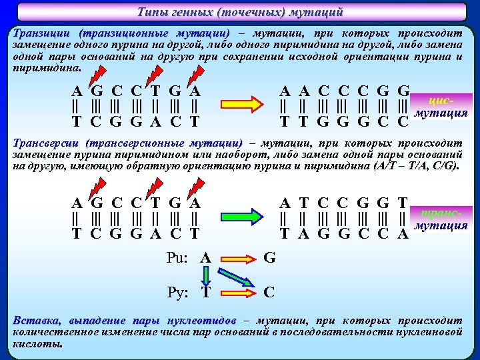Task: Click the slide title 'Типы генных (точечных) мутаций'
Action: pos(240,12)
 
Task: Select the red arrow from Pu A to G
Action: pos(238,258)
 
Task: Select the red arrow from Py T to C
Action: pos(238,292)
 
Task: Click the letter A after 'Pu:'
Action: pos(207,257)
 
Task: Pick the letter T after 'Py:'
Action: pos(207,292)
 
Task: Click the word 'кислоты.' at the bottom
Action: pos(37,344)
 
